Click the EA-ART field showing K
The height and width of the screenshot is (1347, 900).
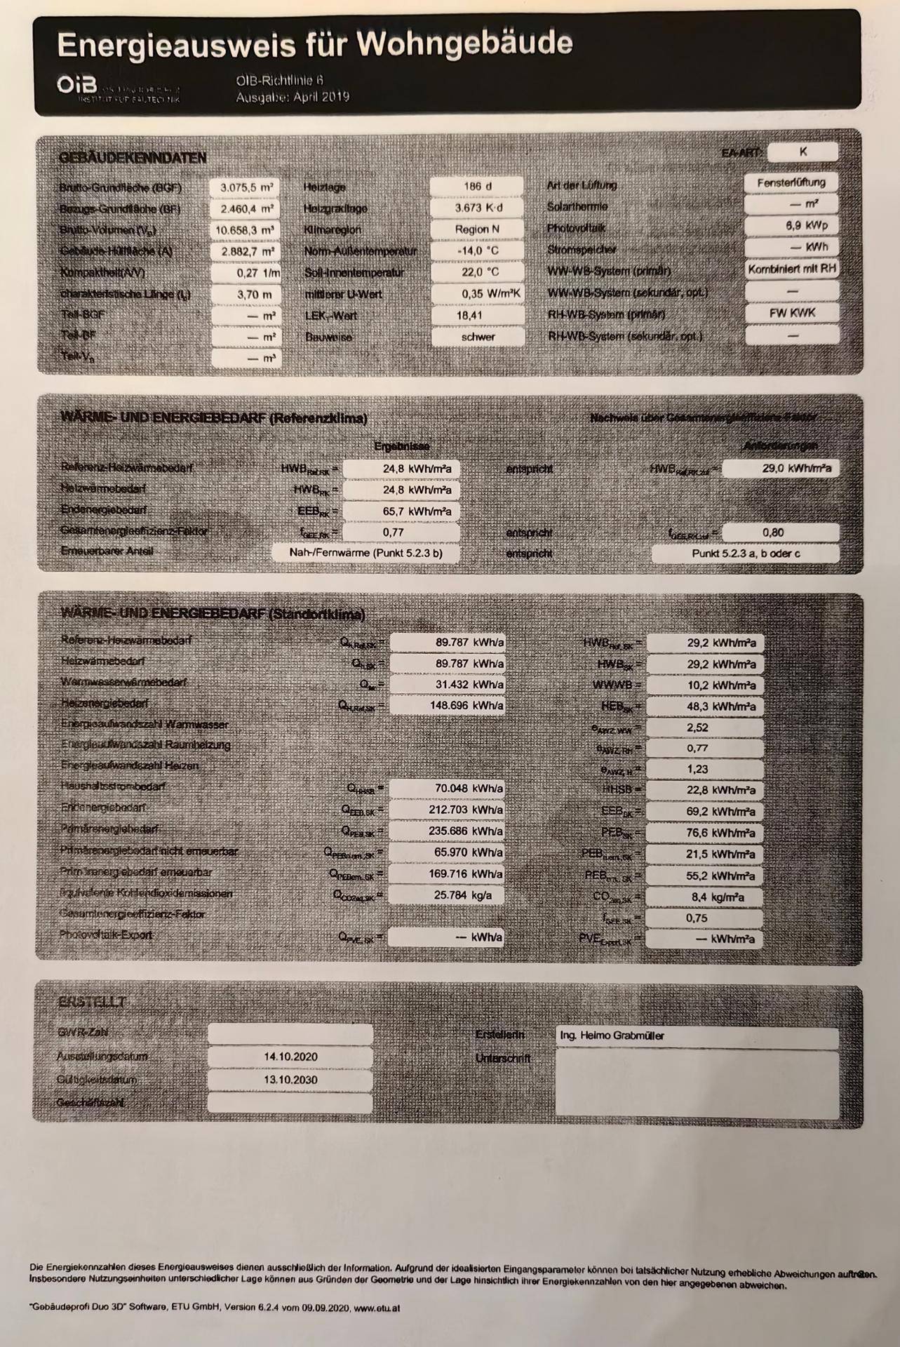802,152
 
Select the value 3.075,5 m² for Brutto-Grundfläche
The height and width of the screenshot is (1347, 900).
246,187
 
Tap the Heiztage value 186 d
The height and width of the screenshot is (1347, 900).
477,186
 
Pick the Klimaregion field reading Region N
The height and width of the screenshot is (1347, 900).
477,229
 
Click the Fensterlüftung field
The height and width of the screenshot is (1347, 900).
791,182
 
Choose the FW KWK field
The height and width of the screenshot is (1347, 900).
792,313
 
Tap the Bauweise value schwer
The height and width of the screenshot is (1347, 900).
478,337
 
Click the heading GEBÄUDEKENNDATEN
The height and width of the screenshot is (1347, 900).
133,158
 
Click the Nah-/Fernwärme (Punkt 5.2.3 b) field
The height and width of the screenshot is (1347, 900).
365,553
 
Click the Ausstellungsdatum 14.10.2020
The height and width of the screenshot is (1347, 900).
290,1057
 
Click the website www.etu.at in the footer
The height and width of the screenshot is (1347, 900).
377,1308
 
